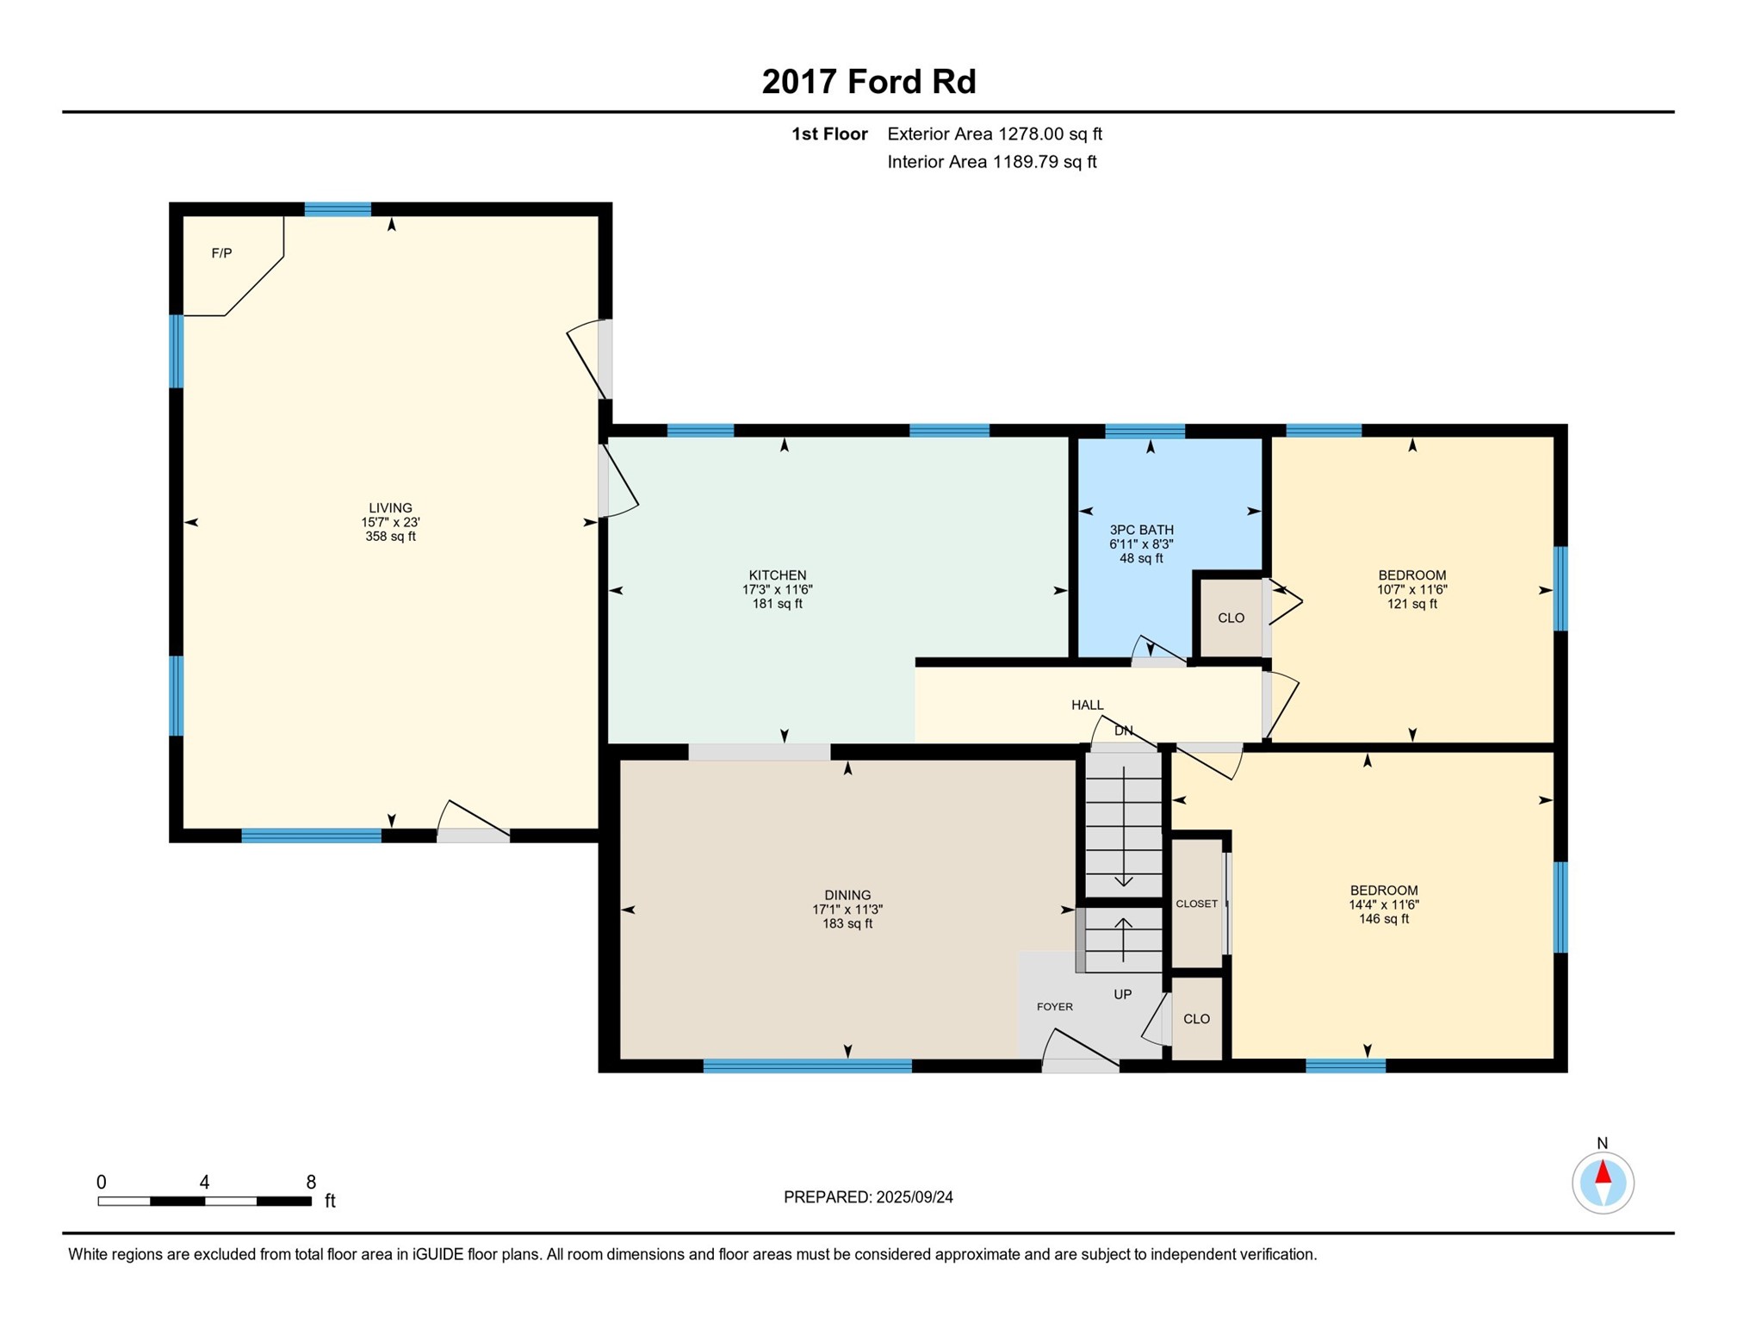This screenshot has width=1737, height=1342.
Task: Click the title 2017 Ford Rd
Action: click(x=868, y=82)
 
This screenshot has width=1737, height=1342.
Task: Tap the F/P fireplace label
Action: click(x=221, y=253)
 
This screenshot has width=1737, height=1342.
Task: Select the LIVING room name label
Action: click(x=390, y=508)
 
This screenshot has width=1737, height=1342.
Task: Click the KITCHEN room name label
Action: click(x=777, y=575)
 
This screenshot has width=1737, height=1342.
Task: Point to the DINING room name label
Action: click(x=847, y=895)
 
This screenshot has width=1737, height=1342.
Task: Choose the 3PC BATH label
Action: click(x=1141, y=530)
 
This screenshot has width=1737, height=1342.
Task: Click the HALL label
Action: click(x=1087, y=705)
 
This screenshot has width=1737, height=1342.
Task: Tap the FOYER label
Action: click(x=1054, y=1006)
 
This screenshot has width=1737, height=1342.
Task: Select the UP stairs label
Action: click(x=1122, y=994)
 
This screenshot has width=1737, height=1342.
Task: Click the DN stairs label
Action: click(x=1123, y=730)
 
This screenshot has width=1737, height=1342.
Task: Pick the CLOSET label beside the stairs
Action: click(x=1196, y=904)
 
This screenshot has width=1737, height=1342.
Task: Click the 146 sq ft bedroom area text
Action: click(x=1383, y=919)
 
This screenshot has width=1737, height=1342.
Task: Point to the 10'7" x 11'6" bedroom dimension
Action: click(x=1411, y=590)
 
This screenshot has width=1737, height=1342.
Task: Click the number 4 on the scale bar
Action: click(x=204, y=1182)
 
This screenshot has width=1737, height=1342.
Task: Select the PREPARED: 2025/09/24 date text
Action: click(x=868, y=1197)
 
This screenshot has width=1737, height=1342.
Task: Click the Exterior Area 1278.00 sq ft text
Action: click(x=995, y=134)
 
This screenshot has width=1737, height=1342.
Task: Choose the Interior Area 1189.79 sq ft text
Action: click(x=992, y=162)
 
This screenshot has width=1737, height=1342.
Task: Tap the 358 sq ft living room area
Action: click(x=390, y=537)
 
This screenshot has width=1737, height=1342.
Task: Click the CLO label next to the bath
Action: click(x=1231, y=618)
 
